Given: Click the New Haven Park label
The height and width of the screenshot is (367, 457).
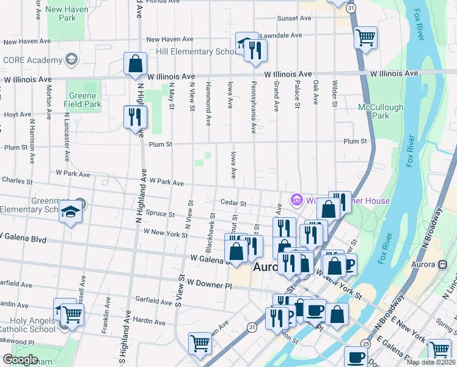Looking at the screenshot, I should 69,13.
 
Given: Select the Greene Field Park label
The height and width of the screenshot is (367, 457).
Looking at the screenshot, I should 82,100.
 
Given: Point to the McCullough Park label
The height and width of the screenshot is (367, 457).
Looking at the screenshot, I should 380,111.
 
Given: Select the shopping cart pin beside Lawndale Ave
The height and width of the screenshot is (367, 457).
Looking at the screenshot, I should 365,38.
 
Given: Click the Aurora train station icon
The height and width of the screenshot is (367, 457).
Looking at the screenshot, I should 442,264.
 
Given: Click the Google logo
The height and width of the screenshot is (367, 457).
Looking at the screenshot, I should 20,360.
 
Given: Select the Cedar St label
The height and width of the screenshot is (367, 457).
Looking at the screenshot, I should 233,203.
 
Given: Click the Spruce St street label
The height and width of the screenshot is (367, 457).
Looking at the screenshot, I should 161,215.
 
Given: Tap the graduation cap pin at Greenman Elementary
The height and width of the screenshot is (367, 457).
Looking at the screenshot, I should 70,212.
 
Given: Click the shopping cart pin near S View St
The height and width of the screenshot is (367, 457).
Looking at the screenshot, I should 200,344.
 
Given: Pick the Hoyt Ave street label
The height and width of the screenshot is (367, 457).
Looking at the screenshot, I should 18,114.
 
